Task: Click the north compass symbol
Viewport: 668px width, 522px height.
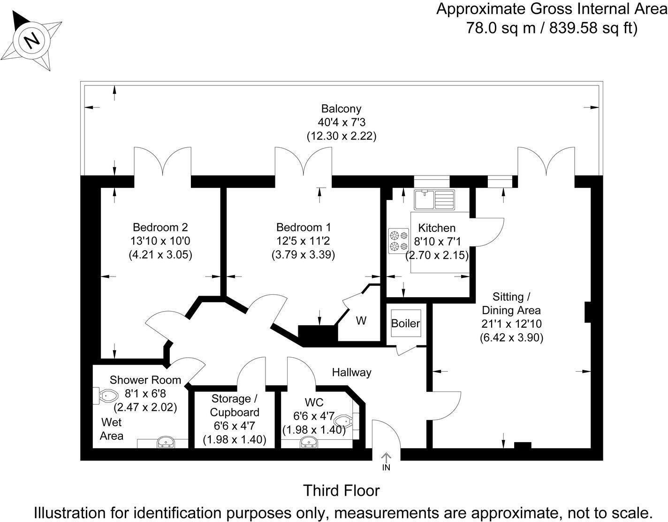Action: point(31,40)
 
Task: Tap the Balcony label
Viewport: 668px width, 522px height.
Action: point(341,109)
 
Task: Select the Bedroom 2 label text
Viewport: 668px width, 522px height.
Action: point(160,228)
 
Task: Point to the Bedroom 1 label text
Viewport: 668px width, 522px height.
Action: point(304,228)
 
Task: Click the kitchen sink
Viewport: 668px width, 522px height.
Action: point(434,199)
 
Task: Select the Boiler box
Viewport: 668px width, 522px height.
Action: point(406,323)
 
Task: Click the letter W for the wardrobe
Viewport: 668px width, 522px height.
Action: point(361,321)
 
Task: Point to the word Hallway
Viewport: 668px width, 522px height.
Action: point(351,373)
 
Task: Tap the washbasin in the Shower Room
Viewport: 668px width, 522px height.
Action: point(165,442)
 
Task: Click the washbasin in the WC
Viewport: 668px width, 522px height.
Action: point(309,442)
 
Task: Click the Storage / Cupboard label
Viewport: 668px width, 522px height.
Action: point(234,406)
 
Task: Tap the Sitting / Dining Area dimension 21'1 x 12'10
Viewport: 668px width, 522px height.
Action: point(511,324)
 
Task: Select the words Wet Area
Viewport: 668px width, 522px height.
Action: point(112,429)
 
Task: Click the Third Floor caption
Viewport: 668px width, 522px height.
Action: point(341,491)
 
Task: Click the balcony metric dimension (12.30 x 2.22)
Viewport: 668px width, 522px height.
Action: point(342,137)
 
